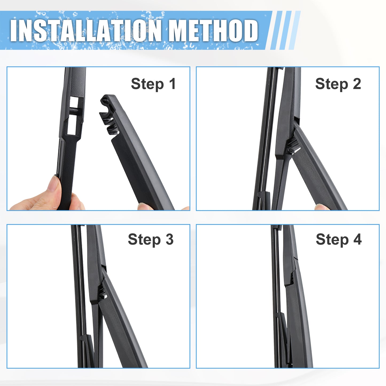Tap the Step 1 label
(x=153, y=84)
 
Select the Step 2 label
(x=338, y=84)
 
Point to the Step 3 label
(x=151, y=240)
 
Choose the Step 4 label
(x=339, y=240)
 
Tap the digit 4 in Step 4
(x=357, y=239)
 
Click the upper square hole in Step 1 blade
(x=74, y=102)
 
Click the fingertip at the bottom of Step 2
(x=322, y=207)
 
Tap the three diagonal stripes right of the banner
(x=286, y=30)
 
